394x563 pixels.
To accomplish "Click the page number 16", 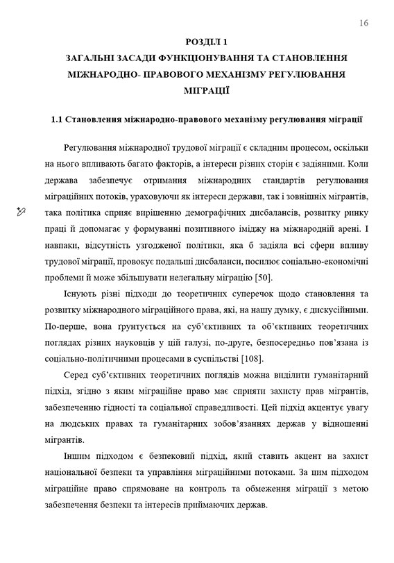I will point(364,24).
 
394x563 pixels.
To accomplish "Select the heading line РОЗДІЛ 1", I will point(205,42).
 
